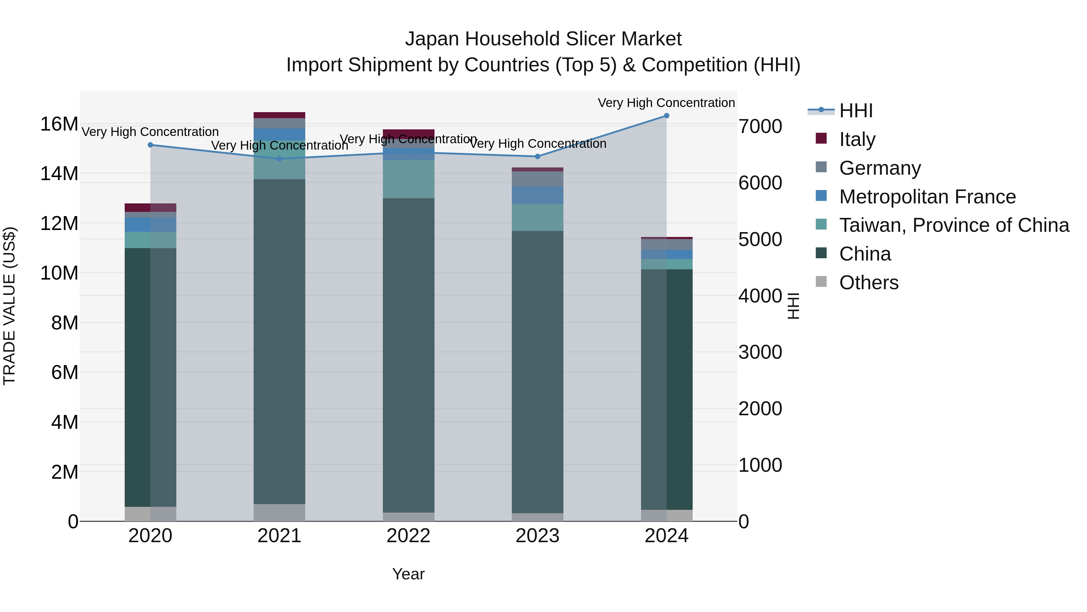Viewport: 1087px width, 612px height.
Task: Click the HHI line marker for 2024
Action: [666, 116]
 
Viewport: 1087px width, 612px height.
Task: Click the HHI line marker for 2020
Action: [150, 145]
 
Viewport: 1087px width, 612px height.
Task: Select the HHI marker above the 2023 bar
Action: [537, 157]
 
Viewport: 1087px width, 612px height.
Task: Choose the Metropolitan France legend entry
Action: [927, 197]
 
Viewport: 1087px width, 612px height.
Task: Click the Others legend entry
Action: [868, 283]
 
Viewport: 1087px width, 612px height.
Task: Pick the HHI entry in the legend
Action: [855, 111]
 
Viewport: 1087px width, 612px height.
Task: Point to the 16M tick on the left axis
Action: [59, 124]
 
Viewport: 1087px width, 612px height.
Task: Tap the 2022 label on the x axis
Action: [408, 536]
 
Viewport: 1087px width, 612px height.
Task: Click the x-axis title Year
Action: [408, 574]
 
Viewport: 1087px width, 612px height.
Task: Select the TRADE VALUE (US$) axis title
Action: [10, 306]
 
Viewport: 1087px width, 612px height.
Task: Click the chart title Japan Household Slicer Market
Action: [543, 39]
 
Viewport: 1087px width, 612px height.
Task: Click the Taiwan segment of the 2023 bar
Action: [537, 218]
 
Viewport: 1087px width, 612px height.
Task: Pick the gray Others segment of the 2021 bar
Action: [279, 512]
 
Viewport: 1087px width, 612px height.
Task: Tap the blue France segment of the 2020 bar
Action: [150, 225]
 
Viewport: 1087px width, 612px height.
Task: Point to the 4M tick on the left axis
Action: [65, 422]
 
